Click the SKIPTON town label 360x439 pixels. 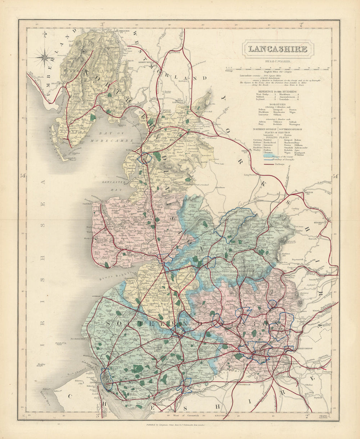point(309,193)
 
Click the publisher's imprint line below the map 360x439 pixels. point(180,425)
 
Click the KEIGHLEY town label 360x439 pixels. point(319,222)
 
